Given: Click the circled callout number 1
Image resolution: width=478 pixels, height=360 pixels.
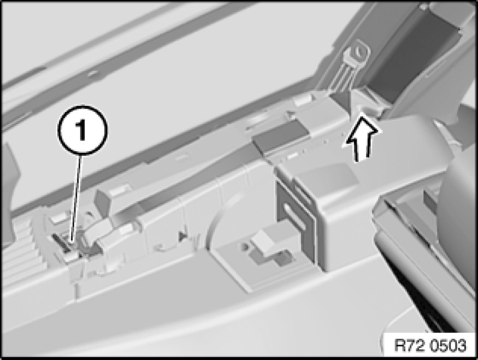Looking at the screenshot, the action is tap(82, 131).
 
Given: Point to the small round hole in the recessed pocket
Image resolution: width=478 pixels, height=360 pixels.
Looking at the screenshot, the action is tap(244, 246).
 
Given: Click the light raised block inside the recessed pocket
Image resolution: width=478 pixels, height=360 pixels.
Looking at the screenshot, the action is tap(263, 241).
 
